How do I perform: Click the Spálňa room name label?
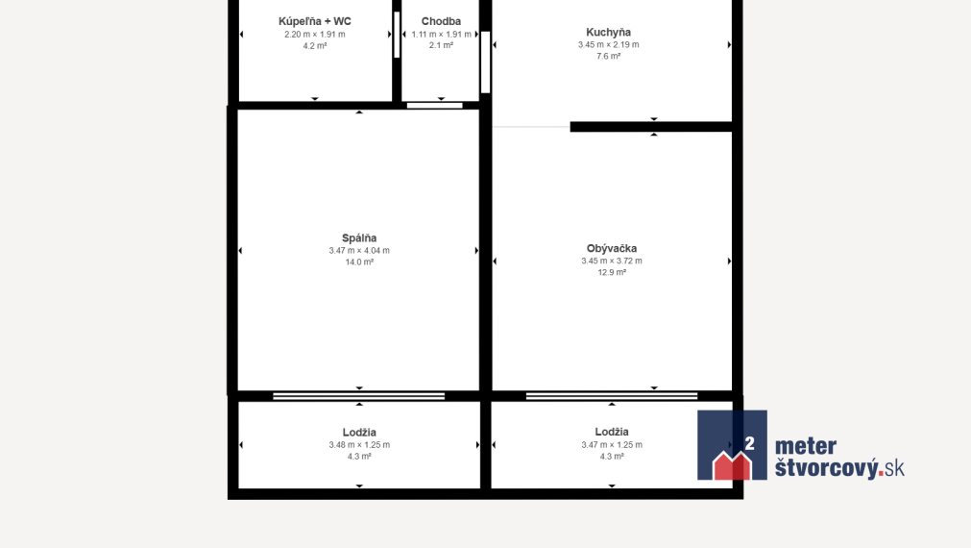pyautogui.click(x=359, y=238)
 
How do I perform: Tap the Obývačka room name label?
pyautogui.click(x=612, y=249)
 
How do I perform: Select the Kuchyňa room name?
pyautogui.click(x=609, y=33)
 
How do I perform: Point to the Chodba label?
pyautogui.click(x=441, y=22)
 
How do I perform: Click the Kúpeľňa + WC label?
pyautogui.click(x=315, y=22)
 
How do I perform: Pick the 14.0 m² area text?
pyautogui.click(x=359, y=262)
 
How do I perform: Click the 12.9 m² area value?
pyautogui.click(x=612, y=273)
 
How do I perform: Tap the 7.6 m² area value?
pyautogui.click(x=609, y=57)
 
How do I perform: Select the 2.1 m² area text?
pyautogui.click(x=441, y=45)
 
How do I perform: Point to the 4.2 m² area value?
pyautogui.click(x=315, y=46)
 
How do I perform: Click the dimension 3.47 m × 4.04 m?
pyautogui.click(x=359, y=250)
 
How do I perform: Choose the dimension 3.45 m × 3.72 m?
pyautogui.click(x=612, y=261)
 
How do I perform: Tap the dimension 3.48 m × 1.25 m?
pyautogui.click(x=359, y=445)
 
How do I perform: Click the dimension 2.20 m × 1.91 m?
pyautogui.click(x=315, y=34)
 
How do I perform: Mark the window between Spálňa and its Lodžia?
pyautogui.click(x=359, y=396)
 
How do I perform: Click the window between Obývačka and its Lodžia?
pyautogui.click(x=612, y=396)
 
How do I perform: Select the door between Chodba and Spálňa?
pyautogui.click(x=435, y=106)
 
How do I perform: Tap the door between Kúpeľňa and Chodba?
pyautogui.click(x=397, y=36)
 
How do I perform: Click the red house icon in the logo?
pyautogui.click(x=732, y=465)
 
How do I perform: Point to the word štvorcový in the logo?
pyautogui.click(x=827, y=467)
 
